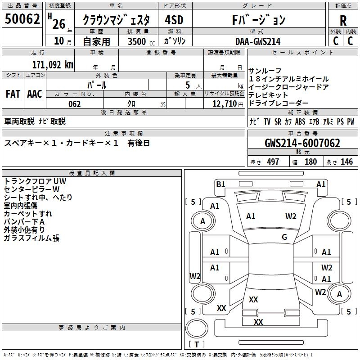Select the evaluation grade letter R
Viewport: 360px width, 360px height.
tap(343, 21)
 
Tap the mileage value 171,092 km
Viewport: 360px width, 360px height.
tap(53, 64)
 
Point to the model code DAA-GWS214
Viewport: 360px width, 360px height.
tap(258, 41)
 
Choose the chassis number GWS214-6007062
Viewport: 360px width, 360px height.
tap(302, 144)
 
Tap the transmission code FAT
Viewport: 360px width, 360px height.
tap(13, 94)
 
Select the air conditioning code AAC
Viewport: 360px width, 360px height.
tap(35, 94)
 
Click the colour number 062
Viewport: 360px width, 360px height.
tap(74, 104)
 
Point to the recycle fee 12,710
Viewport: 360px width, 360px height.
tap(224, 104)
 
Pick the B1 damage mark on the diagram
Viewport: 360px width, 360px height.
tap(220, 184)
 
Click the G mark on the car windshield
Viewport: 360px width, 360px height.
tap(284, 237)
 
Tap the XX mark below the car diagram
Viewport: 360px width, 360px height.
tap(258, 322)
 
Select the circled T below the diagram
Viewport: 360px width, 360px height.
tap(197, 345)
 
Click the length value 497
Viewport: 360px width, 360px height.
tap(273, 162)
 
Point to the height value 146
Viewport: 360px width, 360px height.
tap(346, 162)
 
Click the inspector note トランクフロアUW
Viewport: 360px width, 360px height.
tap(35, 181)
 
